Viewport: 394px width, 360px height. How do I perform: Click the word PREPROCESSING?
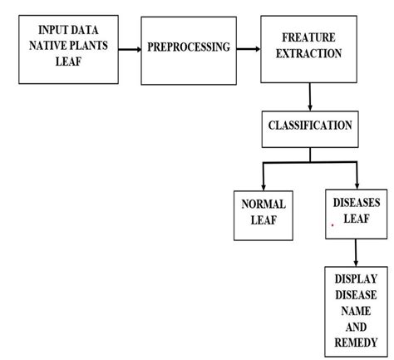[x=189, y=47]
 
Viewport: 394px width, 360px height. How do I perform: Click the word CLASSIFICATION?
[x=310, y=126]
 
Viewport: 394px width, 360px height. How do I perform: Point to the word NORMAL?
[x=263, y=204]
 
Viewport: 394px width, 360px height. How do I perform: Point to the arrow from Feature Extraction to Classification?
[x=309, y=96]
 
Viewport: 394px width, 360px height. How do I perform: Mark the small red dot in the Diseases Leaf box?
[x=332, y=225]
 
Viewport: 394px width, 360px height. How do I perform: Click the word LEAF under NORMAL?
[x=263, y=219]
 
